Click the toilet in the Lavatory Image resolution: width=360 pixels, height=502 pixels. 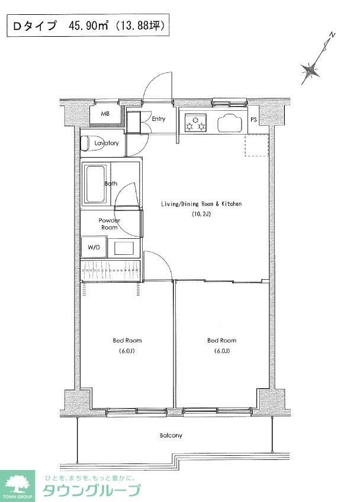click(85, 143)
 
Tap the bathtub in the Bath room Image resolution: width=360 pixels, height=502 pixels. click(95, 184)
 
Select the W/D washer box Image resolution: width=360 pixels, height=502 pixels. click(94, 247)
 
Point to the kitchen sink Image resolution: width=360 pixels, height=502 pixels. click(230, 123)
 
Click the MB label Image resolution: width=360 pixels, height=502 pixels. click(105, 114)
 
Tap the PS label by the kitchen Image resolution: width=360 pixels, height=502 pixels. click(253, 120)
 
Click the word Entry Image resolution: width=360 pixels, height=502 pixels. click(159, 119)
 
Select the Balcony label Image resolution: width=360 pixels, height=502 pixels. click(171, 436)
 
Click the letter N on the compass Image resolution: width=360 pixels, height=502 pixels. click(333, 35)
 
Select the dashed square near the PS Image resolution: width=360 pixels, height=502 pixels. click(256, 145)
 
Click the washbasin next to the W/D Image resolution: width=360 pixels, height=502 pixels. click(124, 248)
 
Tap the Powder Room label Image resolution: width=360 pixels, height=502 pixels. click(110, 224)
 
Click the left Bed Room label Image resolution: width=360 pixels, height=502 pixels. click(127, 340)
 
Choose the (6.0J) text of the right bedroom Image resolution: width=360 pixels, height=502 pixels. click(222, 351)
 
